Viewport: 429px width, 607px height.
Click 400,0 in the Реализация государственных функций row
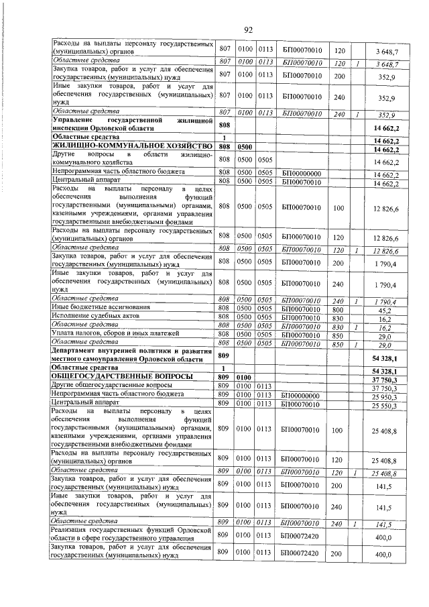click(x=383, y=538)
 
